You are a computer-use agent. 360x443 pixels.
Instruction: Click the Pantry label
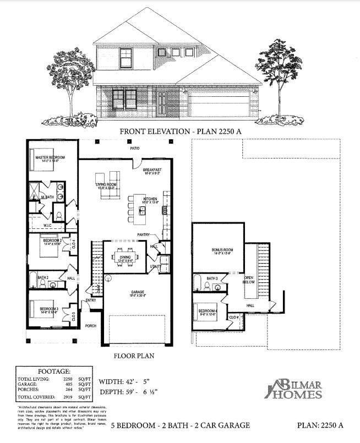(x=145, y=234)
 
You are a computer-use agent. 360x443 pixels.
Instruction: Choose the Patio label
(x=134, y=149)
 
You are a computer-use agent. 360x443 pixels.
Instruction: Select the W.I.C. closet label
(x=48, y=225)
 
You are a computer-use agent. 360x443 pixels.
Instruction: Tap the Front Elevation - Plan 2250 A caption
(x=179, y=132)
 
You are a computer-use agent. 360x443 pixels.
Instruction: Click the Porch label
(x=91, y=326)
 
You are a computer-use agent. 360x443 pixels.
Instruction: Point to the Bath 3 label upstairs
(x=212, y=279)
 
